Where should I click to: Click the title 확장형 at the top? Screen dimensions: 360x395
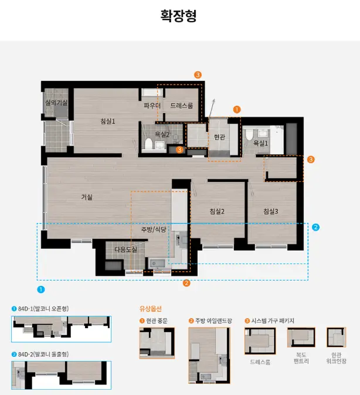coord(178,16)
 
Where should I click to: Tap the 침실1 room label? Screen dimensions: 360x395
coord(108,121)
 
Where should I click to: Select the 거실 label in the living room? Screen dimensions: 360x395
coord(87,197)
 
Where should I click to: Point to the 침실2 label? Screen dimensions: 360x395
coord(217,211)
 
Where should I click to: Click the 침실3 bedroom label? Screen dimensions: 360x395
coord(271,211)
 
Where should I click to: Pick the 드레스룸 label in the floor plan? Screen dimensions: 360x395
coord(182,106)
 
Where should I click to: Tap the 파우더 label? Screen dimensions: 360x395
coord(152,106)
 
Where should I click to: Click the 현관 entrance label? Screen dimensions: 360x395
coord(219,137)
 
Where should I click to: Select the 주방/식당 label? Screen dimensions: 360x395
coord(154,229)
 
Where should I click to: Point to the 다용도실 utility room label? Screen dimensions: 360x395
coord(126,249)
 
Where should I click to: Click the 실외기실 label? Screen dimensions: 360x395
coord(56,103)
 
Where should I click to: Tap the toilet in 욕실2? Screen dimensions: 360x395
coord(148,143)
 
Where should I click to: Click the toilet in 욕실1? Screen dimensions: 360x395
coord(249,134)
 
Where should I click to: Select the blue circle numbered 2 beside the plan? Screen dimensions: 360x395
coord(315,227)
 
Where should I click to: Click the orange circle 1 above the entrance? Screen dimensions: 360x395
coord(237,110)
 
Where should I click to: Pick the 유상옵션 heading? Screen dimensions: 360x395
coord(151,309)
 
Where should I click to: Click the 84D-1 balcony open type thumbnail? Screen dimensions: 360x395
coord(61,329)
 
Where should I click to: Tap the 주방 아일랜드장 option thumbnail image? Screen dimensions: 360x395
coord(209,356)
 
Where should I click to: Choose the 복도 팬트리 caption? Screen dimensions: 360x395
coord(301,358)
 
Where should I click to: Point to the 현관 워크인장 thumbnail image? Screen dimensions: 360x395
coord(336,337)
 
